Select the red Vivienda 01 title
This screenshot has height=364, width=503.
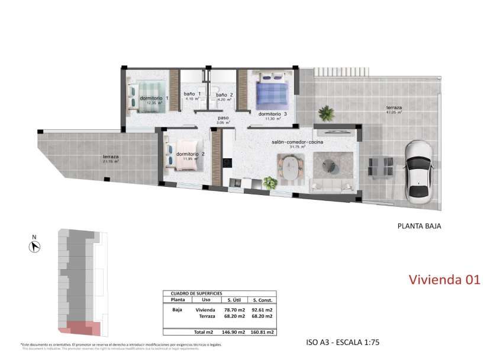(x=444, y=279)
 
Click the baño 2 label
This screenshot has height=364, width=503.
(x=224, y=95)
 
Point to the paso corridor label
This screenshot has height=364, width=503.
(x=223, y=118)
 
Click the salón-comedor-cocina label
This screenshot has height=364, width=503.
(x=298, y=143)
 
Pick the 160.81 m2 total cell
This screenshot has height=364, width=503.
(x=262, y=333)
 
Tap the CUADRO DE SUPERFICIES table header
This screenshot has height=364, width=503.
(x=196, y=293)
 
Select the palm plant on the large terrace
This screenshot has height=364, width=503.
(x=325, y=112)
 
